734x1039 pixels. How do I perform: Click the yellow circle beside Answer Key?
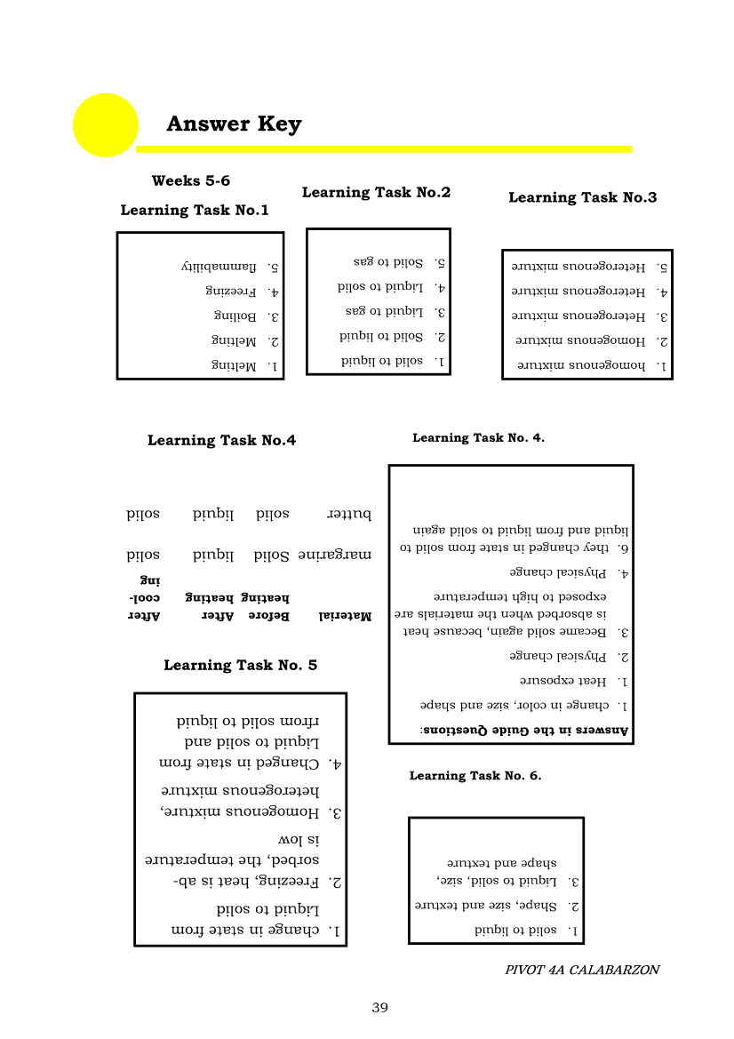tap(105, 124)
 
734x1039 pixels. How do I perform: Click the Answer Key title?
tap(234, 124)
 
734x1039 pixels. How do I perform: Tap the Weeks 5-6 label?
tap(190, 181)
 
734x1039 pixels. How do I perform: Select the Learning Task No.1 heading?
tap(195, 211)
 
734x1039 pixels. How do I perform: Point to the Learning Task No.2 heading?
tap(376, 193)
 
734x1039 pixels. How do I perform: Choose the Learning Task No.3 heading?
tap(582, 197)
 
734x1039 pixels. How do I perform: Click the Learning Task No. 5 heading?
tap(240, 665)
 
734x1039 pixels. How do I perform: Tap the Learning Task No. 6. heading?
tap(475, 776)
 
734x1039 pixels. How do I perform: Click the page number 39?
tap(379, 1008)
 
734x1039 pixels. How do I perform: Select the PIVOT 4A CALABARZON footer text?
tap(582, 970)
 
